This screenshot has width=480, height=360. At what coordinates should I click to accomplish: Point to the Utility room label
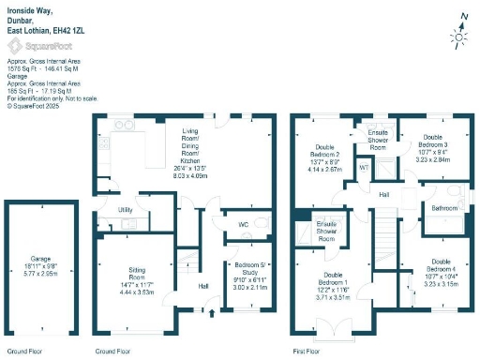[124, 211]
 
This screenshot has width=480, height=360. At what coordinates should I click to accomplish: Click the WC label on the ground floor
[243, 225]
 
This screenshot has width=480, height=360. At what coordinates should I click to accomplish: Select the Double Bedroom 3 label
[418, 145]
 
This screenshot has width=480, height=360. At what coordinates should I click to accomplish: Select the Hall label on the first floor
[384, 193]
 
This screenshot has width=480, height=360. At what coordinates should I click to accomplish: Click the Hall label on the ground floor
[202, 287]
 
